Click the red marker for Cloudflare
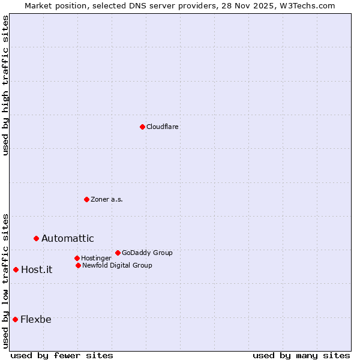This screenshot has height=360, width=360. pos(142,127)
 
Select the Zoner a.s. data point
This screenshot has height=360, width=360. pos(86,199)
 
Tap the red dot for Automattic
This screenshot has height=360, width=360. pos(36,238)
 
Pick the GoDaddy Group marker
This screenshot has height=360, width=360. pos(118,253)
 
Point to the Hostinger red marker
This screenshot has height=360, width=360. pos(77,258)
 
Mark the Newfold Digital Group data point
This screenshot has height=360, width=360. pos(78,265)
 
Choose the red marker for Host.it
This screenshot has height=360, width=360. pos(16,269)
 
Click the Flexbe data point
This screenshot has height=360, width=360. pos(15,319)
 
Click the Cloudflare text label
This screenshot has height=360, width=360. pos(163,127)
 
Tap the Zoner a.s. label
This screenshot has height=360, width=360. pos(107,199)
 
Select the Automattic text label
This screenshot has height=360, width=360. pos(68,238)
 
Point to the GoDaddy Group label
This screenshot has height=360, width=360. pos(147,253)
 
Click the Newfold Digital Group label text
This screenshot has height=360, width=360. pos(117,265)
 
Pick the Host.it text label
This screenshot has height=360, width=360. pos(37,269)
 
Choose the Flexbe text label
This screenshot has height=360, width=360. pos(36,319)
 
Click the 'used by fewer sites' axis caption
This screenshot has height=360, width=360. pos(62,355)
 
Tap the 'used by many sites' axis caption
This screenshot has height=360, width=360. pos(301,355)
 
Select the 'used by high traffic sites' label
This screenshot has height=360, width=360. pos(6,85)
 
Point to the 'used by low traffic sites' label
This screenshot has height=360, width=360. pos(6,280)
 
